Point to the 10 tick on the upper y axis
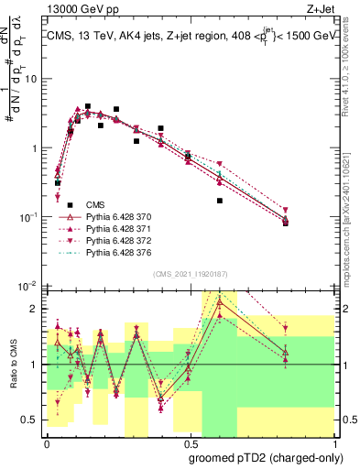[33, 79]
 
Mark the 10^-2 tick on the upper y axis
[30, 286]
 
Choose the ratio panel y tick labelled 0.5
[33, 420]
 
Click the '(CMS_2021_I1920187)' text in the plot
[190, 274]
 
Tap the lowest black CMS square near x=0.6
[220, 201]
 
